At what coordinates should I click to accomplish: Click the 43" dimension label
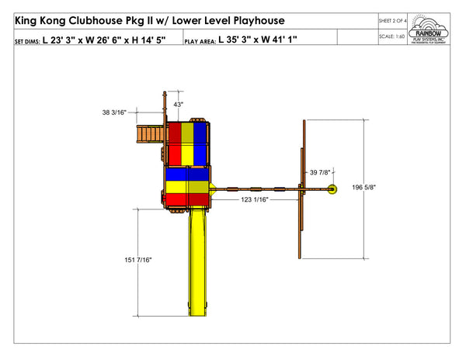coord(178,104)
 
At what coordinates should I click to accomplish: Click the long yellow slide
coord(198,264)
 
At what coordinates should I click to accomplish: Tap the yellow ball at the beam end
coord(332,189)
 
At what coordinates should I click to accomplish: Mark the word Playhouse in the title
coord(260,19)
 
